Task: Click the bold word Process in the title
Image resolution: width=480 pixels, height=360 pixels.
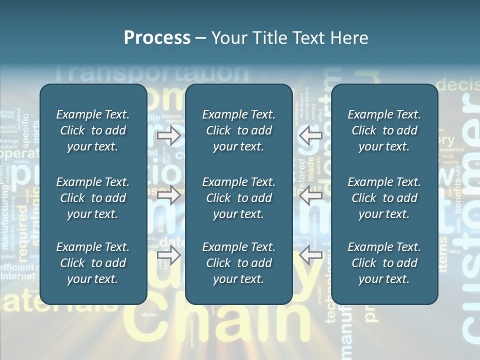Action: (x=157, y=38)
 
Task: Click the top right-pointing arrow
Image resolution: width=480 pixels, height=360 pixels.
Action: (x=168, y=135)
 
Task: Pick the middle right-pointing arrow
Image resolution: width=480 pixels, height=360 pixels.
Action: (x=168, y=195)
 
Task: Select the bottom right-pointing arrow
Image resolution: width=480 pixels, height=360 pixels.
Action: (x=168, y=255)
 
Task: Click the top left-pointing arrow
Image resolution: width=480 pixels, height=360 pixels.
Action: (x=310, y=135)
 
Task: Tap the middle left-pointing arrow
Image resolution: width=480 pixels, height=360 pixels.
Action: (x=310, y=195)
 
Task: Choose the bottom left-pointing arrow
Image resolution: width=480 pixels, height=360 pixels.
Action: (x=310, y=255)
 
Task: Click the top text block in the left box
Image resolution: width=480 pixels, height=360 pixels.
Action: (x=93, y=130)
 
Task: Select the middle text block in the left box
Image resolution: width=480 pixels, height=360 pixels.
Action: (x=93, y=198)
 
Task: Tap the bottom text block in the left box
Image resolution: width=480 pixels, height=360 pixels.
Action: (x=93, y=263)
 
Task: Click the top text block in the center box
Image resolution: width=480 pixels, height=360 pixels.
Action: (x=238, y=130)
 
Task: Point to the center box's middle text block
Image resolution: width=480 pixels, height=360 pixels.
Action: (x=238, y=198)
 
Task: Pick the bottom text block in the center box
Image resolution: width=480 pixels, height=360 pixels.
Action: (x=238, y=263)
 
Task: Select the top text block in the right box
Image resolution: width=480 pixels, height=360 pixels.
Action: (x=384, y=130)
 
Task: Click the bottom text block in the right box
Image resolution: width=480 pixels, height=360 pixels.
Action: (x=384, y=263)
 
